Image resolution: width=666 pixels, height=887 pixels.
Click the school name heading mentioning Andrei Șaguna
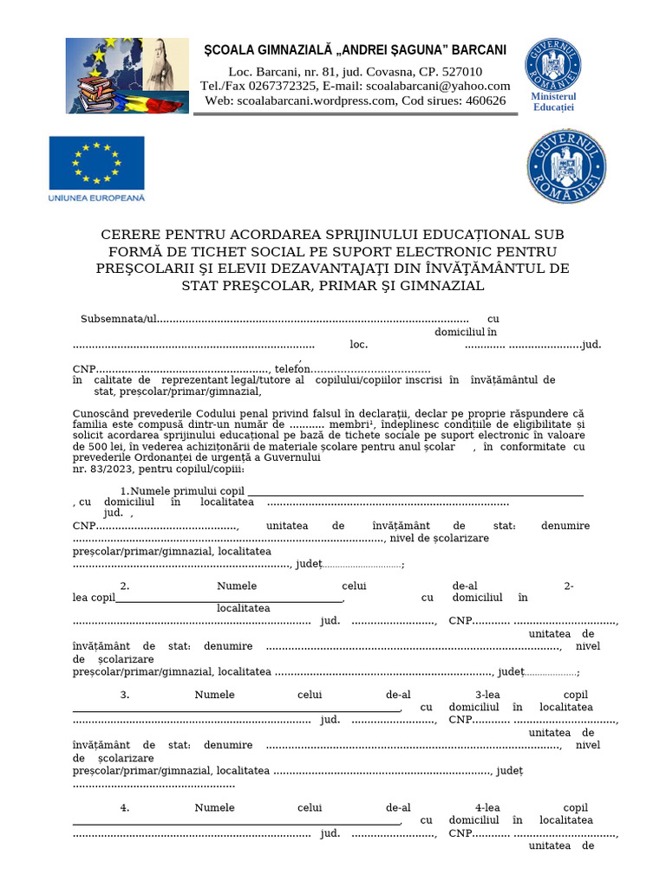(355, 50)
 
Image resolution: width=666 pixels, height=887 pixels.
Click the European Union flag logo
(96, 162)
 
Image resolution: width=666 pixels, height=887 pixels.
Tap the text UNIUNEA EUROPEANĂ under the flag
(96, 197)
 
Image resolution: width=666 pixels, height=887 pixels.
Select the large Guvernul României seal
(566, 166)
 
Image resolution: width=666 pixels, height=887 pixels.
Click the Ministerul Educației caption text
(553, 102)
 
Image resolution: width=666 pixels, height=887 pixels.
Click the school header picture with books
(127, 75)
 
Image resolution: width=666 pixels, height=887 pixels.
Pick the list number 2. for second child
(125, 586)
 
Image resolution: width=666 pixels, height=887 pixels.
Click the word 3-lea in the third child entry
(488, 695)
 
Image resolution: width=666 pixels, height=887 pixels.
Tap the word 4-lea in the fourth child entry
(488, 807)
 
